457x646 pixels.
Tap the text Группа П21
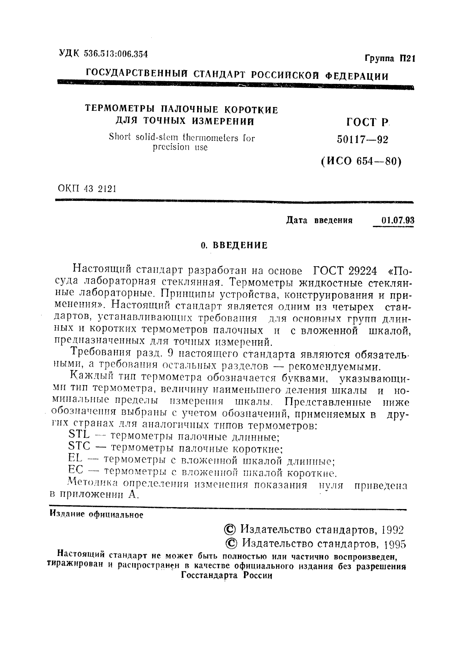[389, 59]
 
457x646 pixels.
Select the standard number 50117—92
[362, 140]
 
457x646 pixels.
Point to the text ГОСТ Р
[366, 122]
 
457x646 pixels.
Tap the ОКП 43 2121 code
[87, 189]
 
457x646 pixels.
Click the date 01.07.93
[397, 220]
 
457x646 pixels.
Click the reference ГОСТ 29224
[345, 271]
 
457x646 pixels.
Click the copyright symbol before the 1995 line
[231, 544]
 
